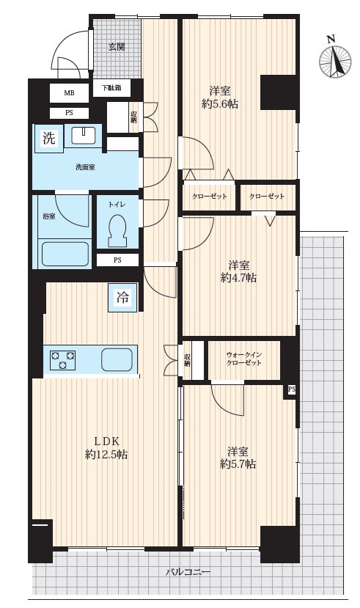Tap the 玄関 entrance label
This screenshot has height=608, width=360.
point(117,47)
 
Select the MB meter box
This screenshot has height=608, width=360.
point(70,93)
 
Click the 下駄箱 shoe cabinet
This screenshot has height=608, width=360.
point(111,88)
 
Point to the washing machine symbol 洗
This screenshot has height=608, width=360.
point(49,138)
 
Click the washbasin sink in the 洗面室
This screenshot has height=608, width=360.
point(84,136)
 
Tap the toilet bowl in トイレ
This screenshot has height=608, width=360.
point(117,230)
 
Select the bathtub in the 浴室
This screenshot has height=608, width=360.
point(65,254)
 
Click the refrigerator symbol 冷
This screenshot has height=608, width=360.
point(122,298)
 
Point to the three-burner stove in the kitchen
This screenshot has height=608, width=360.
point(62,360)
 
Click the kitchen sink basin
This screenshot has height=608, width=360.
point(117,359)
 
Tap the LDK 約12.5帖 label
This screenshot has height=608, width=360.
point(106,448)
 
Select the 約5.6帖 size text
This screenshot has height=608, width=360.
point(220,104)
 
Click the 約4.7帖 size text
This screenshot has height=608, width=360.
point(238,278)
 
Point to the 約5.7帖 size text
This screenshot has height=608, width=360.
point(238,464)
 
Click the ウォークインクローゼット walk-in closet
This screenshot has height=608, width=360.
point(244,359)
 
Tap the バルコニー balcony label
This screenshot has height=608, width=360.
point(188,572)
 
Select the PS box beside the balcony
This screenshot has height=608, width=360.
point(291,389)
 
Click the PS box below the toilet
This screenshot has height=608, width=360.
point(117,260)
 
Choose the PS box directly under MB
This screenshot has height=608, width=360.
point(70,113)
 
